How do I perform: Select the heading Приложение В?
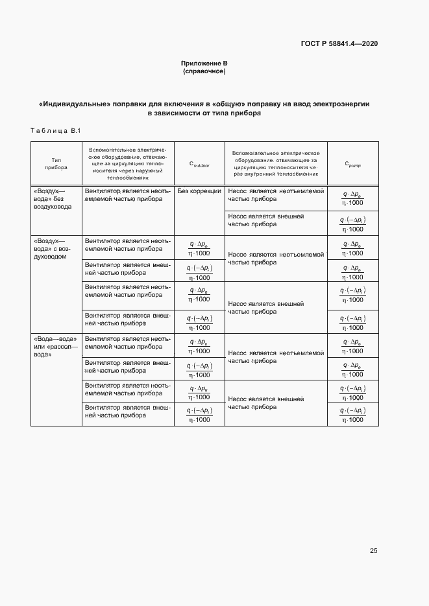coord(204,64)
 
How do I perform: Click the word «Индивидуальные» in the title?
coord(74,104)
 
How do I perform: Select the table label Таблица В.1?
coord(55,131)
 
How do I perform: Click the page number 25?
coord(373,551)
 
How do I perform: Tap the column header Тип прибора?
coord(56,163)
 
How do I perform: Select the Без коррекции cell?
coord(199,191)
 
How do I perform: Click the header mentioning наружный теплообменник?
coord(128,163)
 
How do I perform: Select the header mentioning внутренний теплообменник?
coord(276,163)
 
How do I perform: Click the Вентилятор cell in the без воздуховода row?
coord(128,195)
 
